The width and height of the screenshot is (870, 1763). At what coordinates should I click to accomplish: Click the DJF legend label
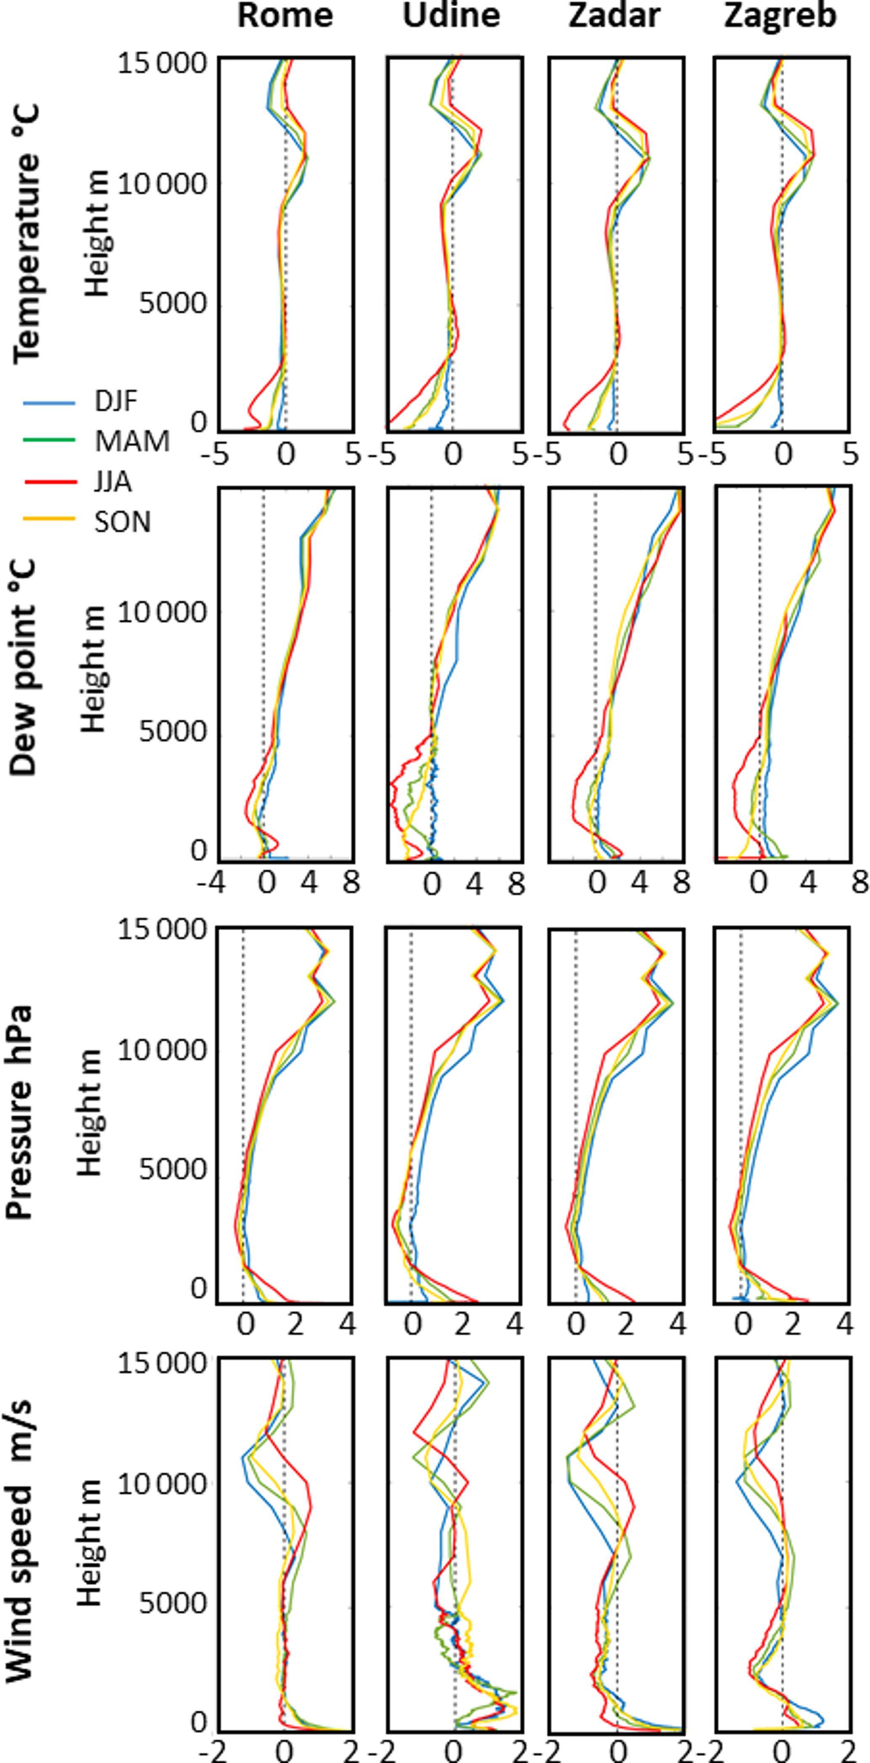[x=116, y=402]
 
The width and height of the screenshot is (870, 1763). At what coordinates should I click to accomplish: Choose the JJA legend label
[x=113, y=482]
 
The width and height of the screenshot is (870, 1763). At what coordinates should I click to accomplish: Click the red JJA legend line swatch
[x=49, y=482]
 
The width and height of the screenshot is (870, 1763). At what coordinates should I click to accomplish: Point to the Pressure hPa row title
[x=21, y=1112]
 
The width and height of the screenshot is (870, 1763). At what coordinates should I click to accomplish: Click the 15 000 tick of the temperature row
[x=162, y=63]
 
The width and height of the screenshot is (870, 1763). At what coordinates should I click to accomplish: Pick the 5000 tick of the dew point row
[x=173, y=732]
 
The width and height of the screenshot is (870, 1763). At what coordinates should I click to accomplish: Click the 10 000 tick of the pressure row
[x=162, y=1050]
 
